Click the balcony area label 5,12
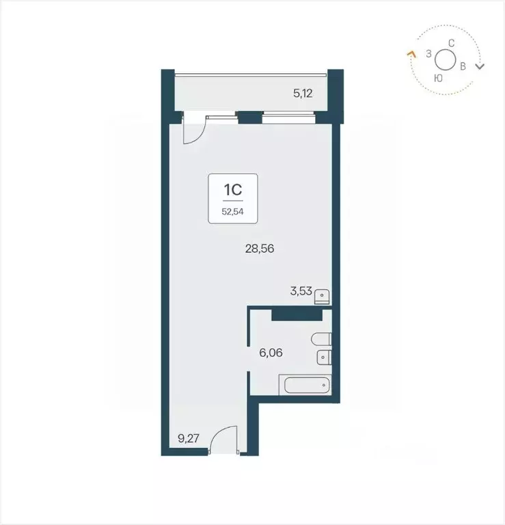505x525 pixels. point(303,94)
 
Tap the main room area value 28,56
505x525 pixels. point(260,249)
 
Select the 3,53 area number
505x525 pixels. point(301,291)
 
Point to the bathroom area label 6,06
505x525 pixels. point(271,353)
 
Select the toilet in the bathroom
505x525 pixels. point(320,339)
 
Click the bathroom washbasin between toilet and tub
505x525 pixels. point(323,357)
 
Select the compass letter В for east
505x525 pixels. point(463,66)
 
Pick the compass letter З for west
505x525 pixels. point(428,53)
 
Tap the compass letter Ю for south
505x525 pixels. point(438,78)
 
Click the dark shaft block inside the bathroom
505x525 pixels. point(296,314)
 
